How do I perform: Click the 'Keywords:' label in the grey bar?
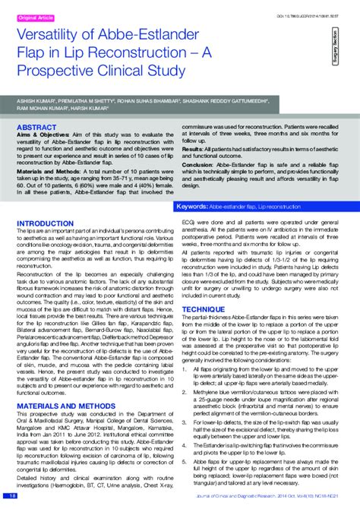pos(193,207)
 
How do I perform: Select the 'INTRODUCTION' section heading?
pos(45,223)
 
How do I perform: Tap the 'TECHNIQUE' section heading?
pos(203,289)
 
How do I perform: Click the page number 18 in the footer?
pos(11,495)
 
